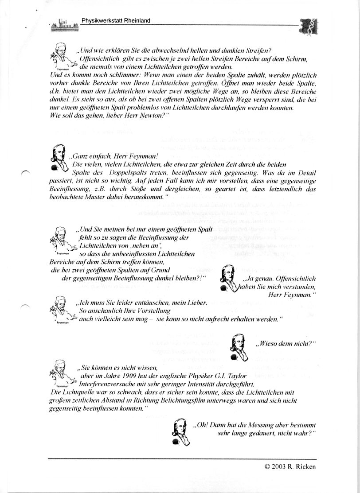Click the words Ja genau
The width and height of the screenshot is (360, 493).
258,279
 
